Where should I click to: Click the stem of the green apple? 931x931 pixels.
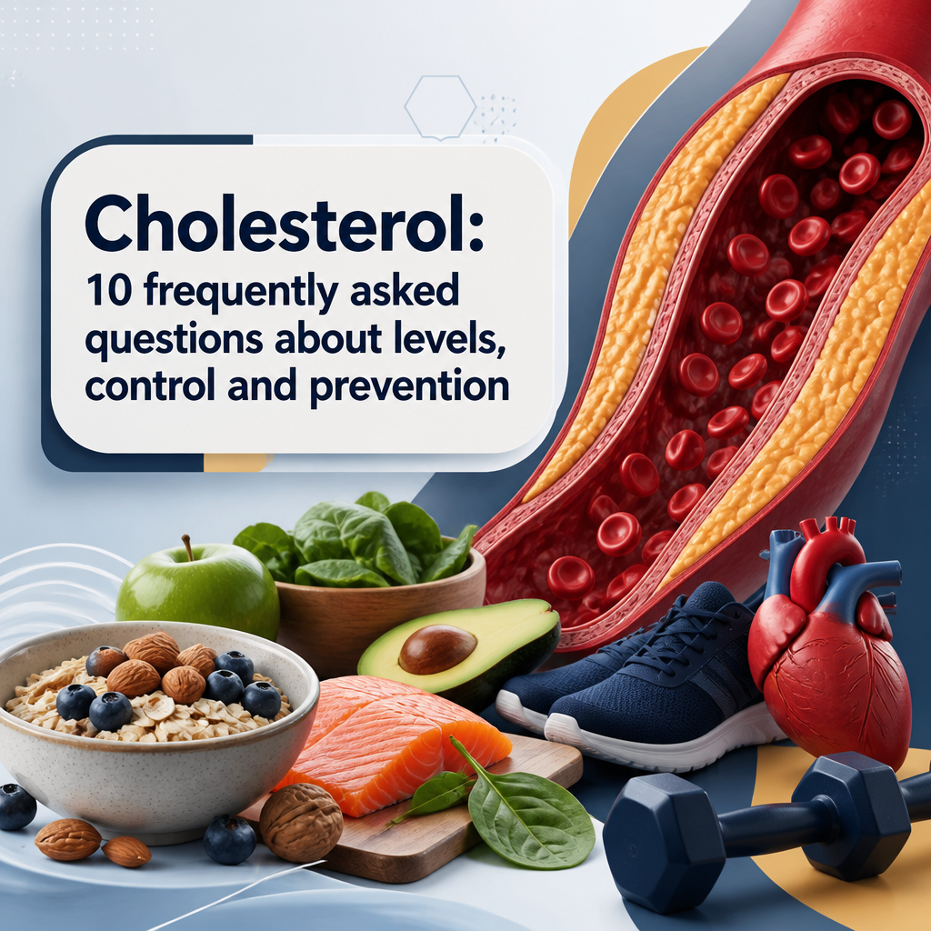point(187,546)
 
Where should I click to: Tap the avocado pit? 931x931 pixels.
point(437,649)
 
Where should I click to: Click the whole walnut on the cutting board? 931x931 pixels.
point(301,822)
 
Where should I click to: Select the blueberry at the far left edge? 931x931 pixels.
point(16,806)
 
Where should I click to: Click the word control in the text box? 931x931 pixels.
point(151,386)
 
